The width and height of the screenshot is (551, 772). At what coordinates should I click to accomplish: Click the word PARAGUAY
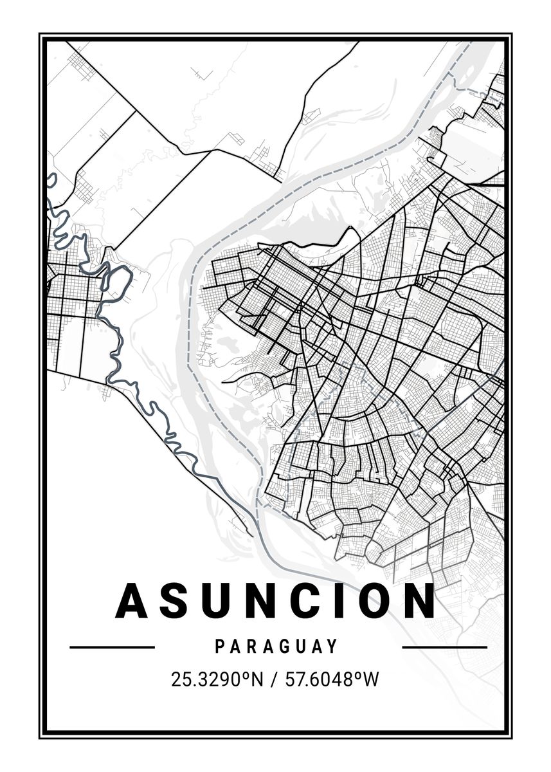click(276, 647)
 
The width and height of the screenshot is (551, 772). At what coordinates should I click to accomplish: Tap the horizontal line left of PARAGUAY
click(112, 647)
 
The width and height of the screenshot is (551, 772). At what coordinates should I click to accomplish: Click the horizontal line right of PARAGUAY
click(444, 647)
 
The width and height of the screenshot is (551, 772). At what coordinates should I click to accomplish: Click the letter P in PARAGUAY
click(219, 647)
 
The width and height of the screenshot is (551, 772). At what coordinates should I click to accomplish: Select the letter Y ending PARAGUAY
click(333, 647)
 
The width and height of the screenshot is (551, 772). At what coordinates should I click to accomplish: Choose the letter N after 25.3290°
click(258, 679)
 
